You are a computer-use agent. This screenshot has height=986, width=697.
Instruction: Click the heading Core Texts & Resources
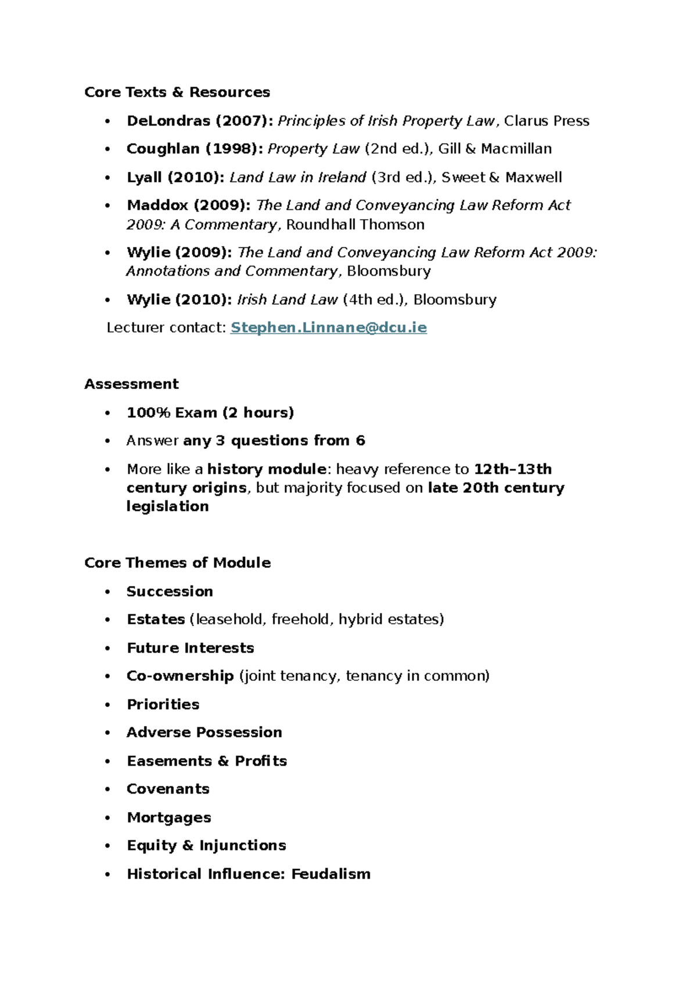177,92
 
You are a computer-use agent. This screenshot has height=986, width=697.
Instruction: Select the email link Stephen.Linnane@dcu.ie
328,328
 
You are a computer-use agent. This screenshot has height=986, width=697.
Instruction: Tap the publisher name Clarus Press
546,121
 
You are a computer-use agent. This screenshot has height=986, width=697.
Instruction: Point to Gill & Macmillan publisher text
494,149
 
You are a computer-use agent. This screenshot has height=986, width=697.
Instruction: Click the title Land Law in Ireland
297,177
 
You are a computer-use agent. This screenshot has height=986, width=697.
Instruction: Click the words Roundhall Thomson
355,224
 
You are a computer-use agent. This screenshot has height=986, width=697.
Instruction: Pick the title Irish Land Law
287,300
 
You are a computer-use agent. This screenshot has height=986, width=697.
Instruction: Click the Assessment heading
131,384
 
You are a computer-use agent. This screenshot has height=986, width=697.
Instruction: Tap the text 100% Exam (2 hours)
210,413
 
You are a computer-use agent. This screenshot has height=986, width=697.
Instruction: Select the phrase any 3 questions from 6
274,441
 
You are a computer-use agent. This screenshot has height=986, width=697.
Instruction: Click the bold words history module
267,469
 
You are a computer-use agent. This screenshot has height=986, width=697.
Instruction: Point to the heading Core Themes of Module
177,563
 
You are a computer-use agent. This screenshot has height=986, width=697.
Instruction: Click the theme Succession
170,591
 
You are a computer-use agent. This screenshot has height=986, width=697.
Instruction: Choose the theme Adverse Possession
204,733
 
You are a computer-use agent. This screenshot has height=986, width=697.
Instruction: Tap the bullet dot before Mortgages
107,818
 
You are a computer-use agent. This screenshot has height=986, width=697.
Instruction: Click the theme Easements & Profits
207,761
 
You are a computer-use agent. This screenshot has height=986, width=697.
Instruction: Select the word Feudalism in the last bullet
330,874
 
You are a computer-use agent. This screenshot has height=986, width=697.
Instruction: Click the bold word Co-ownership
180,676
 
